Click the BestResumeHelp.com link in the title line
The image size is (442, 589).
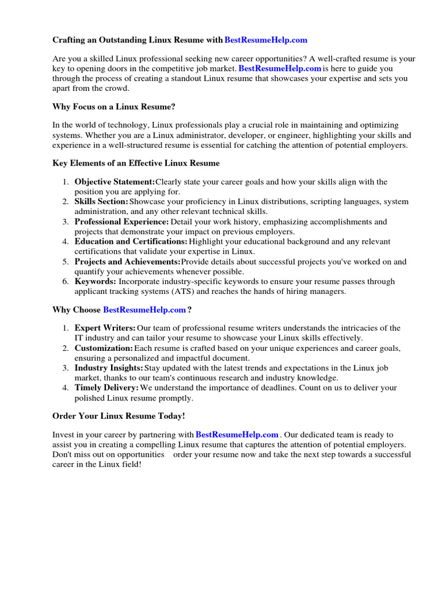click(x=266, y=40)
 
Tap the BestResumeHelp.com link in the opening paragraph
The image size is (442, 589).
click(x=280, y=68)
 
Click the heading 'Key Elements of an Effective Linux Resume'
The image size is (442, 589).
click(x=136, y=163)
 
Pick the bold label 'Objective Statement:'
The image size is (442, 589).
click(x=115, y=182)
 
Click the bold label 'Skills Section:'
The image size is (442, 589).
click(x=101, y=202)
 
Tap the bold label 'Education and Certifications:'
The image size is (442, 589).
click(x=131, y=242)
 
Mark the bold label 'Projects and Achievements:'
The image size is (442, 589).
click(x=127, y=262)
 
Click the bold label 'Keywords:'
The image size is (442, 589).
click(x=95, y=281)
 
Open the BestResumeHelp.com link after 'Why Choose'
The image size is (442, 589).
click(x=144, y=309)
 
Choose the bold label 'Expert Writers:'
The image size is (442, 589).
click(x=105, y=328)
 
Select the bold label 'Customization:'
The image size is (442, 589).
click(x=104, y=349)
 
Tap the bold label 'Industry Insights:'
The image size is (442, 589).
click(x=109, y=368)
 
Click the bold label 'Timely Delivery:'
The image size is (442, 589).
click(x=106, y=388)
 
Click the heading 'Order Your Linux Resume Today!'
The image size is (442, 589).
click(x=119, y=415)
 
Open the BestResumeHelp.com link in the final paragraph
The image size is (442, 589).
click(x=237, y=434)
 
